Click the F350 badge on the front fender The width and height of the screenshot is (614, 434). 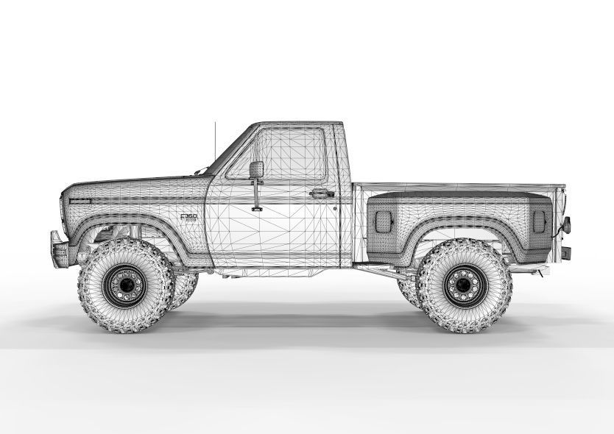click(188, 218)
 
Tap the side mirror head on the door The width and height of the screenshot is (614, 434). click(257, 169)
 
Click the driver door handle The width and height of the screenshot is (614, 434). click(322, 193)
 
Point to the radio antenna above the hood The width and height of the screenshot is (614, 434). click(216, 143)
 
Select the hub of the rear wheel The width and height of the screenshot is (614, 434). click(461, 282)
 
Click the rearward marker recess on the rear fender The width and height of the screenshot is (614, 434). click(540, 219)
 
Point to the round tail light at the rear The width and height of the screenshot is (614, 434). click(566, 224)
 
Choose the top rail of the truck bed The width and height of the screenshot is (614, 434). click(456, 186)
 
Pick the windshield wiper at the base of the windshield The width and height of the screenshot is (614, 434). click(200, 171)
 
